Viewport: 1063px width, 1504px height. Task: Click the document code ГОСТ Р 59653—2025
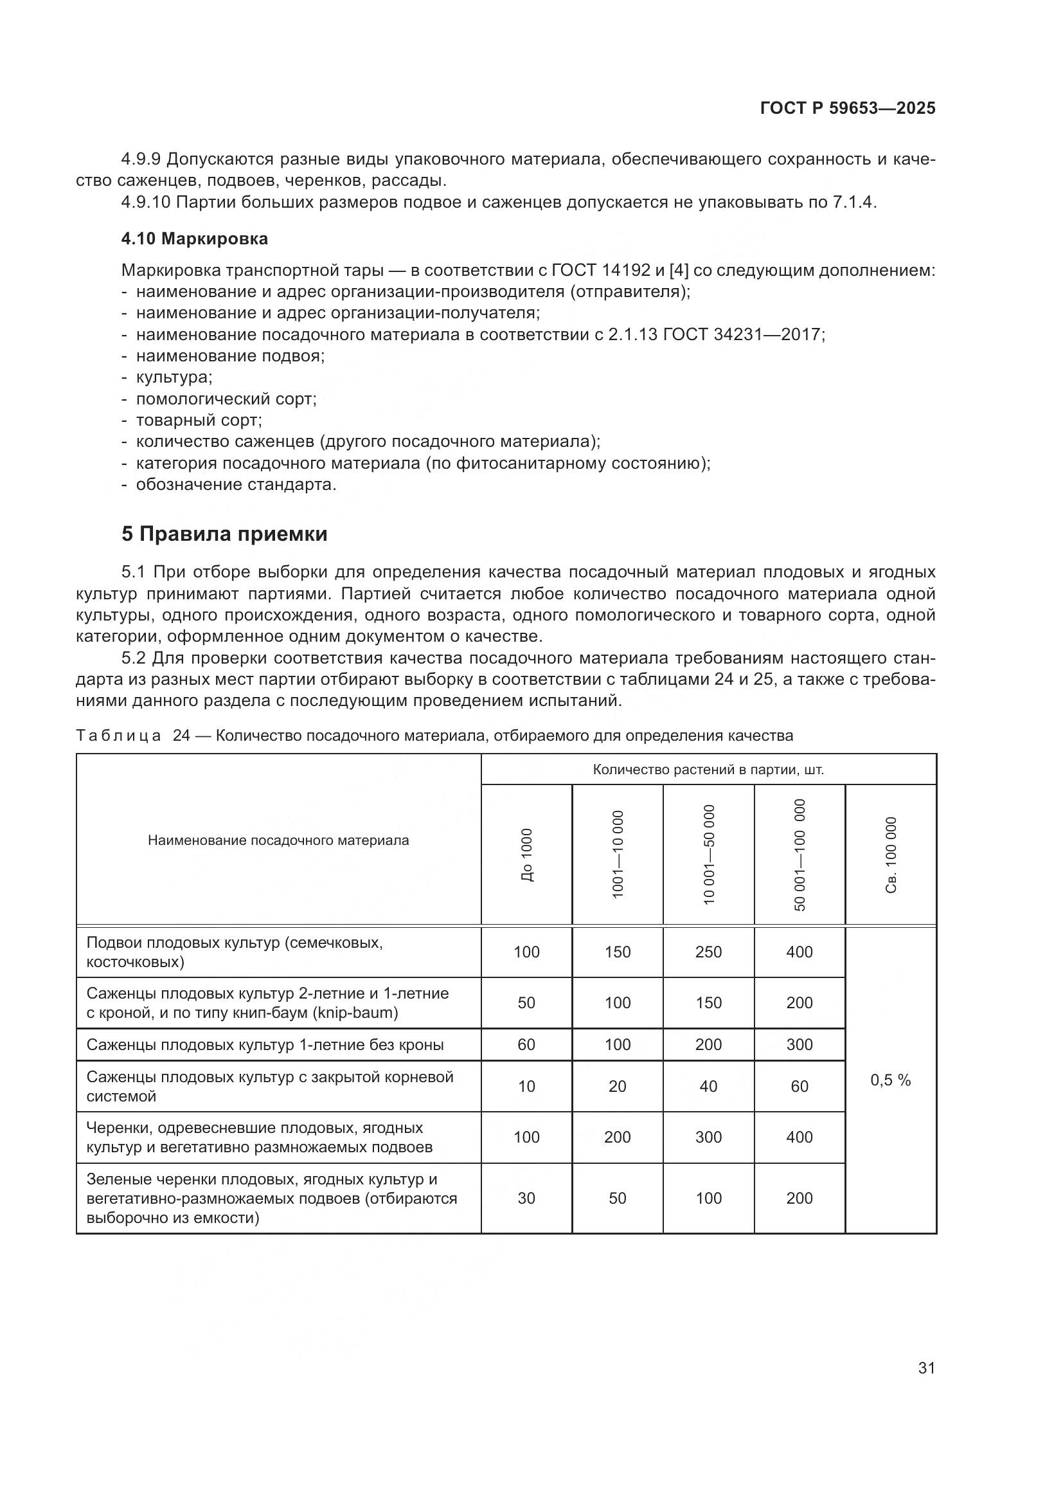pos(848,109)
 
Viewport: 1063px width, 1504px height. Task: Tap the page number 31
pos(926,1368)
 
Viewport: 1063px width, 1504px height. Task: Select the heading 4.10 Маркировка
pos(194,239)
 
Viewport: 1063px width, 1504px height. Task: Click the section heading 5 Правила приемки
pos(224,534)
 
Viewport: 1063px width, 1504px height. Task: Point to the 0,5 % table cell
pos(890,1080)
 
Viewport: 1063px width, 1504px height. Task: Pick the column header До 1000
pos(527,855)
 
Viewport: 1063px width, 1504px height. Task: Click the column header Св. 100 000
pos(891,855)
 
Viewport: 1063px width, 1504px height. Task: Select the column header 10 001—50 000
pos(709,855)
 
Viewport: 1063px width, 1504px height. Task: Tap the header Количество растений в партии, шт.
pos(708,770)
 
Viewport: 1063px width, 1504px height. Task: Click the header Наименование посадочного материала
pos(278,840)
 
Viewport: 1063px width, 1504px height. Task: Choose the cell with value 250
pos(708,952)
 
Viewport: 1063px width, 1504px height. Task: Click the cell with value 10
pos(526,1086)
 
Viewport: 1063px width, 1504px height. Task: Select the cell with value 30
pos(526,1198)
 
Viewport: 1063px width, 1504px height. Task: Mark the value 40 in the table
pos(708,1086)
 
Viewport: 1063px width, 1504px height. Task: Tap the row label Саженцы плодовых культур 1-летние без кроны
pos(265,1045)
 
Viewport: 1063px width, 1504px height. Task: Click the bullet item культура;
pos(174,377)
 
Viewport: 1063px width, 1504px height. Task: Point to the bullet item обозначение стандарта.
pos(236,485)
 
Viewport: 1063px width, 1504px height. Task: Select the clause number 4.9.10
pos(145,202)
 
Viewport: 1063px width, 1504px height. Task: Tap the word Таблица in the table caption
pos(118,736)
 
